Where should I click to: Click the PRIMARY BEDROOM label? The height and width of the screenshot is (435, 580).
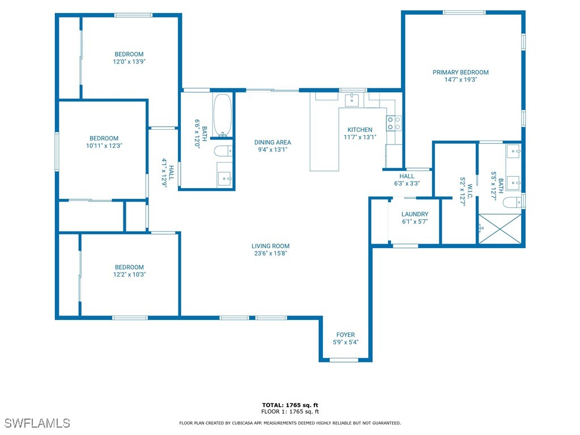pyautogui.click(x=460, y=72)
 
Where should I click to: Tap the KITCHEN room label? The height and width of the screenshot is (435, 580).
pyautogui.click(x=360, y=130)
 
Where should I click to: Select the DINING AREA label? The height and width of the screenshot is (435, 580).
pyautogui.click(x=272, y=142)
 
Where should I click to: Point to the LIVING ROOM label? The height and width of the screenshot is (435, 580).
pyautogui.click(x=270, y=246)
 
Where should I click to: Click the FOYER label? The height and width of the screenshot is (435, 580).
pyautogui.click(x=346, y=335)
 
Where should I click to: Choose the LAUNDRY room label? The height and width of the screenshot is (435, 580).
pyautogui.click(x=415, y=214)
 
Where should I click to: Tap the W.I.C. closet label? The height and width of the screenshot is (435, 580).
pyautogui.click(x=470, y=191)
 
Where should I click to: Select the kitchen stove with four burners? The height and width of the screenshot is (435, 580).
pyautogui.click(x=394, y=123)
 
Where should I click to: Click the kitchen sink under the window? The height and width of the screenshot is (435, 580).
pyautogui.click(x=351, y=100)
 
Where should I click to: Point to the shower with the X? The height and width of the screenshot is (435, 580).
pyautogui.click(x=500, y=229)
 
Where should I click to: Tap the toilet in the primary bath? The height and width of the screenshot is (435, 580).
pyautogui.click(x=512, y=202)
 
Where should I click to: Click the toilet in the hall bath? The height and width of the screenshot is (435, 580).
pyautogui.click(x=223, y=151)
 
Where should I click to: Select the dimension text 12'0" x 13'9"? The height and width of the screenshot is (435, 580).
pyautogui.click(x=129, y=61)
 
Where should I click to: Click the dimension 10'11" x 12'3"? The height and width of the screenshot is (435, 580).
pyautogui.click(x=104, y=146)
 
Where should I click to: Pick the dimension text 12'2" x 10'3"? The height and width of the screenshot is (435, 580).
pyautogui.click(x=130, y=275)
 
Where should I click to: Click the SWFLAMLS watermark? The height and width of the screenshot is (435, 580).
pyautogui.click(x=37, y=423)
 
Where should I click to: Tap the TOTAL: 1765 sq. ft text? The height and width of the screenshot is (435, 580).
pyautogui.click(x=290, y=405)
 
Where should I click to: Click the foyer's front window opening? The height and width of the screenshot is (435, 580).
pyautogui.click(x=344, y=360)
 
